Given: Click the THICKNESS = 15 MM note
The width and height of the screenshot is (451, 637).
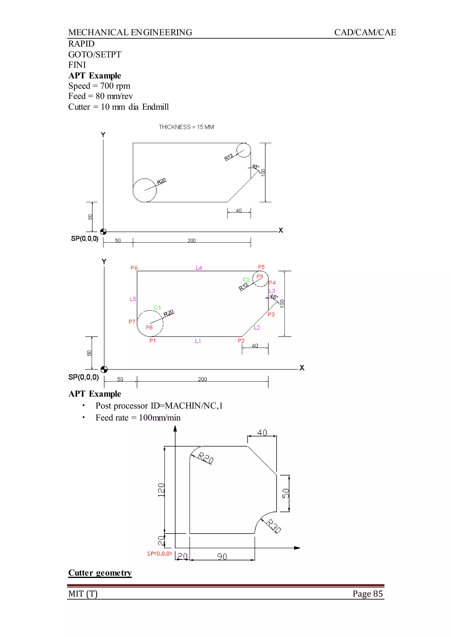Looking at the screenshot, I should (186, 127).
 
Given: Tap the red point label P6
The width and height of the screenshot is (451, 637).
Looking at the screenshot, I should (134, 268).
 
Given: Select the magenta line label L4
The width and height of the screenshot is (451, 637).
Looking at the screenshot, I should (199, 268).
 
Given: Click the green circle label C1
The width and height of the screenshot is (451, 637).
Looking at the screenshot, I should (157, 307).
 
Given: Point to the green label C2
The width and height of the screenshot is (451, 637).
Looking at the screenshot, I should (246, 280).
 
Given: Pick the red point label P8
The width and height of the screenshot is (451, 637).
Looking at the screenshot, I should (149, 328).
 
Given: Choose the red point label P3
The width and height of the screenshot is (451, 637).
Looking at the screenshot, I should (271, 315).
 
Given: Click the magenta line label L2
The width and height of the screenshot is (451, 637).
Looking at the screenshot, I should (257, 328).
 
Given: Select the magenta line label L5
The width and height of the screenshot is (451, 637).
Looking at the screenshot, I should (133, 299).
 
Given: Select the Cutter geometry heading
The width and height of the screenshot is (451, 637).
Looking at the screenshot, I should (100, 573).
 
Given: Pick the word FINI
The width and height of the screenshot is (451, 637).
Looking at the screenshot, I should (77, 65).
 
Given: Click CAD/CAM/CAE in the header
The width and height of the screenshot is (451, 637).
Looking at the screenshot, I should (365, 32).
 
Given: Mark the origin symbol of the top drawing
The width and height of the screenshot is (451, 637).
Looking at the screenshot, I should (103, 232).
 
